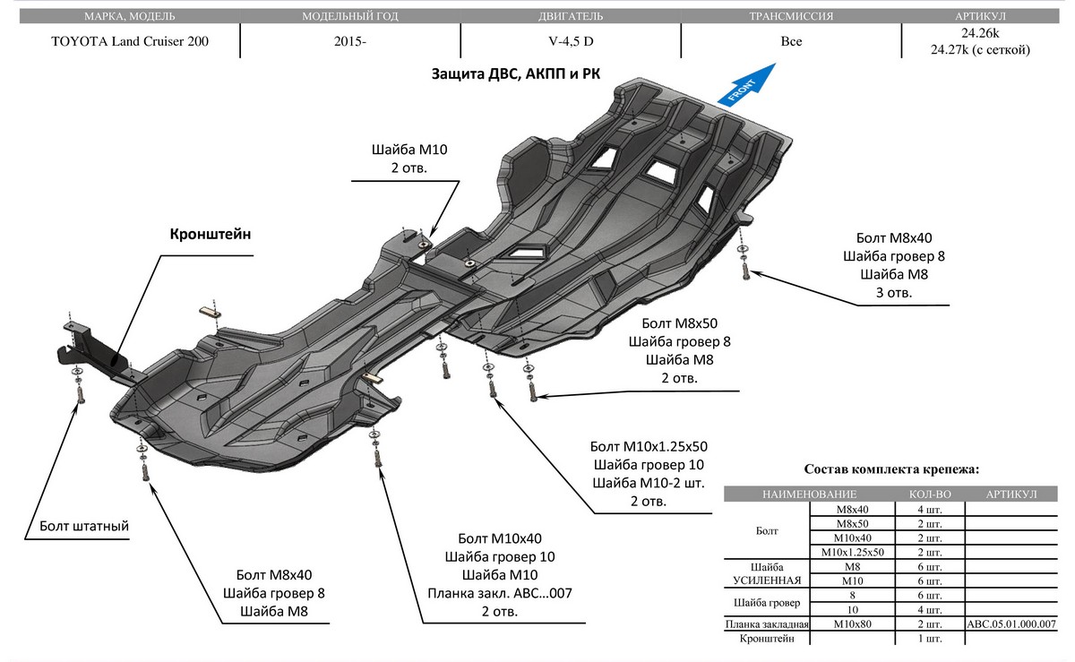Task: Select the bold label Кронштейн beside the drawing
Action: (x=211, y=234)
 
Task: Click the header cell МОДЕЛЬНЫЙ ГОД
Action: (x=350, y=16)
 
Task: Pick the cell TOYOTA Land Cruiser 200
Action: (x=130, y=41)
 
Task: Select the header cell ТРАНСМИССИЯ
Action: (x=791, y=16)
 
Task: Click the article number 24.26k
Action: (x=981, y=33)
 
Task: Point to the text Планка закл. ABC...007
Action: (x=500, y=593)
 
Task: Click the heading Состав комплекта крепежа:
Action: (x=891, y=469)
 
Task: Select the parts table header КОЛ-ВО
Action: (x=930, y=494)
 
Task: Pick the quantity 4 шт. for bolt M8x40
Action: (x=930, y=509)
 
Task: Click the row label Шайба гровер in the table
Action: (x=768, y=602)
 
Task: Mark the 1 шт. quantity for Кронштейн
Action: (x=930, y=639)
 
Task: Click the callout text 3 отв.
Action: (x=893, y=293)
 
